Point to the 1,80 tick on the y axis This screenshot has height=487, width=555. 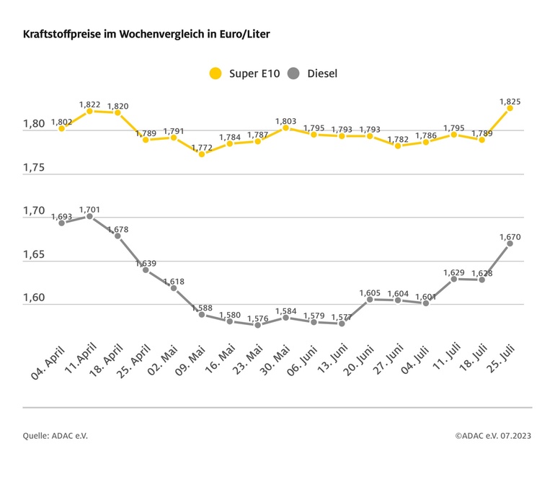coord(34,124)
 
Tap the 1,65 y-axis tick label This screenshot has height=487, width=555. coord(34,255)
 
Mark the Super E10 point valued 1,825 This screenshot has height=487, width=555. coord(510,108)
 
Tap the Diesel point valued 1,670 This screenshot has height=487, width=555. coord(510,243)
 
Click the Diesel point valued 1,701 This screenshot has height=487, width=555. coord(89,216)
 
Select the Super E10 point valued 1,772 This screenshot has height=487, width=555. coord(202,154)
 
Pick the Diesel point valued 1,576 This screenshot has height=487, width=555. coord(257,325)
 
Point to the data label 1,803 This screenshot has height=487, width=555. coord(285,120)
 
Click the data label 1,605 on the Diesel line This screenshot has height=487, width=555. coord(370,292)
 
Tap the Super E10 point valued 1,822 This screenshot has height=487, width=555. coord(89,111)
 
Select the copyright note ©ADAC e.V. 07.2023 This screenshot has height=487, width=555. coord(493,436)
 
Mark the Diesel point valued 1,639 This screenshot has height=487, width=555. coord(146,270)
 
